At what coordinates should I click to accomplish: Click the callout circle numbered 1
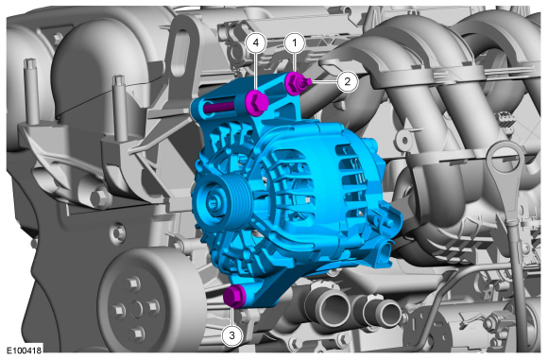[x=295, y=43]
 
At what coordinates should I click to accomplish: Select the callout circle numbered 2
[x=347, y=81]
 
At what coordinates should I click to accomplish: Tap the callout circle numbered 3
[x=231, y=335]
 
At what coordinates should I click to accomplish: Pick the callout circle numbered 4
[x=256, y=43]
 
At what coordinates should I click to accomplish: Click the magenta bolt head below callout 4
[x=256, y=102]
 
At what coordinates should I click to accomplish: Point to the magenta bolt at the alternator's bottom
[x=234, y=297]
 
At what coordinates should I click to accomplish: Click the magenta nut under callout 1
[x=294, y=84]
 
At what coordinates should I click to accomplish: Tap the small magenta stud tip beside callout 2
[x=308, y=82]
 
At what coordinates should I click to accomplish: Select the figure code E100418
[x=24, y=351]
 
